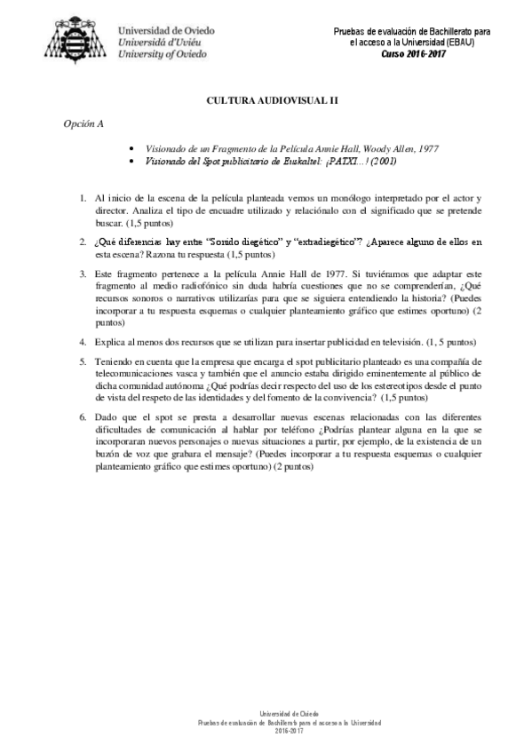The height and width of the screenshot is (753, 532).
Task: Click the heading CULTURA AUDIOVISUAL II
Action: [266, 101]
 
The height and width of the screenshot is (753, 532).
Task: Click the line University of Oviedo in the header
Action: [163, 53]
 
